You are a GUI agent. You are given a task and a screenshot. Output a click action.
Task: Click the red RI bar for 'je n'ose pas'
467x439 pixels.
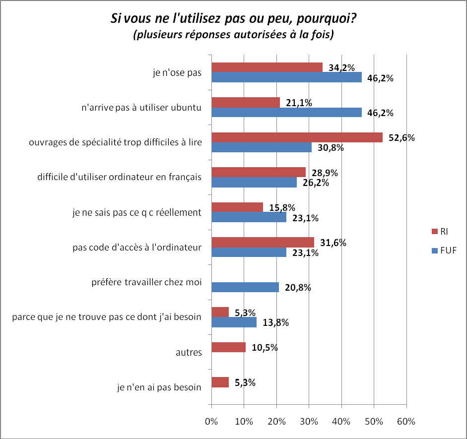tap(267, 67)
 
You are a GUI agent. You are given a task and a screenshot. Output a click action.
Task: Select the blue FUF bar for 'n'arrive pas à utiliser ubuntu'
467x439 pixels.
tap(286, 112)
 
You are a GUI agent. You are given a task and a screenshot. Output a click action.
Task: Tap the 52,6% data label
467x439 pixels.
tap(401, 138)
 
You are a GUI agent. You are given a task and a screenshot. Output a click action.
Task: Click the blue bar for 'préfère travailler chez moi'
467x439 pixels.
tap(245, 287)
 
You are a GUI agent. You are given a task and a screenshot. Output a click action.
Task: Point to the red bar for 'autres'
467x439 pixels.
tap(229, 347)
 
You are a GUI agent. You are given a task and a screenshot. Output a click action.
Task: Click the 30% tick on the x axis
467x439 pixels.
tap(309, 422)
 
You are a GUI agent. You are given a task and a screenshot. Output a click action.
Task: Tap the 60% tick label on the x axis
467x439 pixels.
tap(406, 422)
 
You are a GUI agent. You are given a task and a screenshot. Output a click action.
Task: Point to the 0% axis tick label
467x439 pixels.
tap(212, 422)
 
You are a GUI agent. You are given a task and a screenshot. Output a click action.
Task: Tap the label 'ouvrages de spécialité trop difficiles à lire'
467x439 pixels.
tap(115, 143)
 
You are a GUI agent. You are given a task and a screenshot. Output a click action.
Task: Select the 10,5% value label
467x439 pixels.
tap(265, 347)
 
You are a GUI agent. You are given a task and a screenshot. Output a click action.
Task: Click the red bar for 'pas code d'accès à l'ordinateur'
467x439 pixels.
tap(263, 242)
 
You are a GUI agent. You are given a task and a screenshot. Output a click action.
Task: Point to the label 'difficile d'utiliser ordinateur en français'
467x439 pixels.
tap(119, 178)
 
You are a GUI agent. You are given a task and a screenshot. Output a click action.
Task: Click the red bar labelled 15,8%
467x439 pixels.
tap(237, 207)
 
